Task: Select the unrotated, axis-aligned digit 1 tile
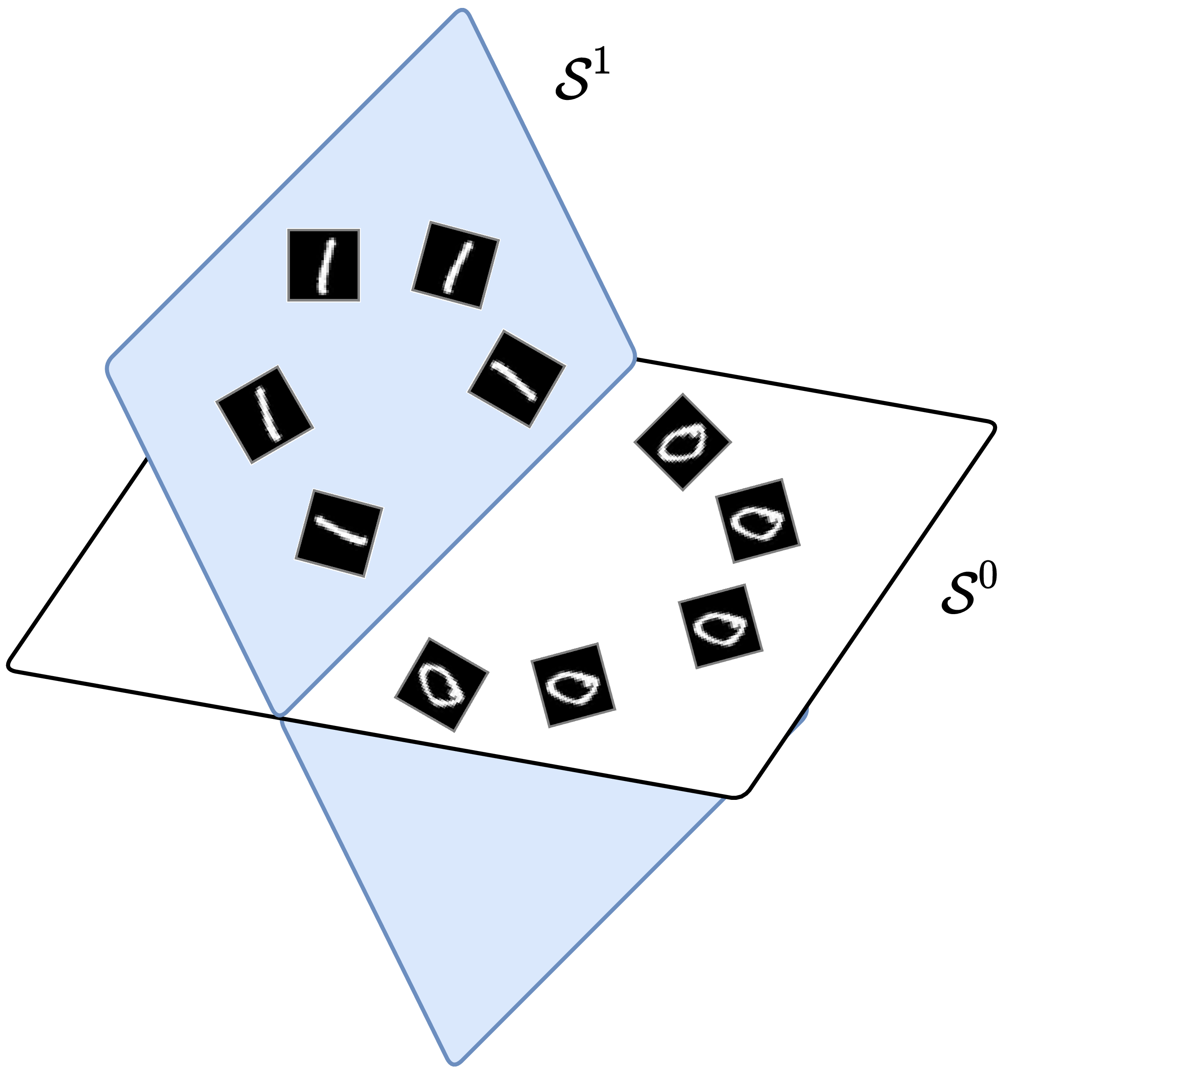pos(323,265)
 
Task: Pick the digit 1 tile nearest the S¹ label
pos(455,265)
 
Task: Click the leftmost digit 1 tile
pos(264,415)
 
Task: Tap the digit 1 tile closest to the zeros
pos(517,379)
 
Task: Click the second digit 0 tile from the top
pos(757,521)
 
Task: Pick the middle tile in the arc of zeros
pos(720,626)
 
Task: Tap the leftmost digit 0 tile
pos(441,685)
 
